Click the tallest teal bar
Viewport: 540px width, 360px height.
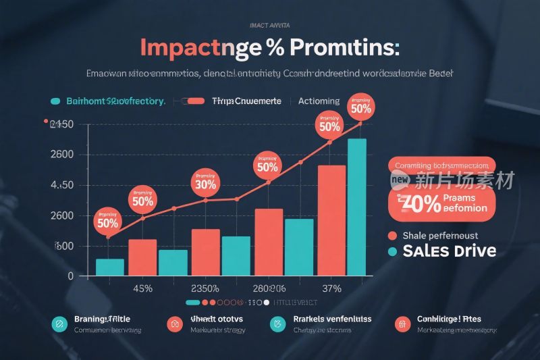(356, 207)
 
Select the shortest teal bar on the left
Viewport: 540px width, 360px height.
(109, 267)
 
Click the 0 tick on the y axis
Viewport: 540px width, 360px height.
(70, 276)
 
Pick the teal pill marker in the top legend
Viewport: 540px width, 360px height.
(55, 101)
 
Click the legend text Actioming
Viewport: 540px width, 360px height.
(319, 101)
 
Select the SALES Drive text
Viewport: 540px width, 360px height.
(449, 251)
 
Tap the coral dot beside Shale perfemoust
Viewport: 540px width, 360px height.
(391, 236)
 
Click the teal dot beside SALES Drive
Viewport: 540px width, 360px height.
(391, 251)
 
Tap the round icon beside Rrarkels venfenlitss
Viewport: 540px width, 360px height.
(277, 324)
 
